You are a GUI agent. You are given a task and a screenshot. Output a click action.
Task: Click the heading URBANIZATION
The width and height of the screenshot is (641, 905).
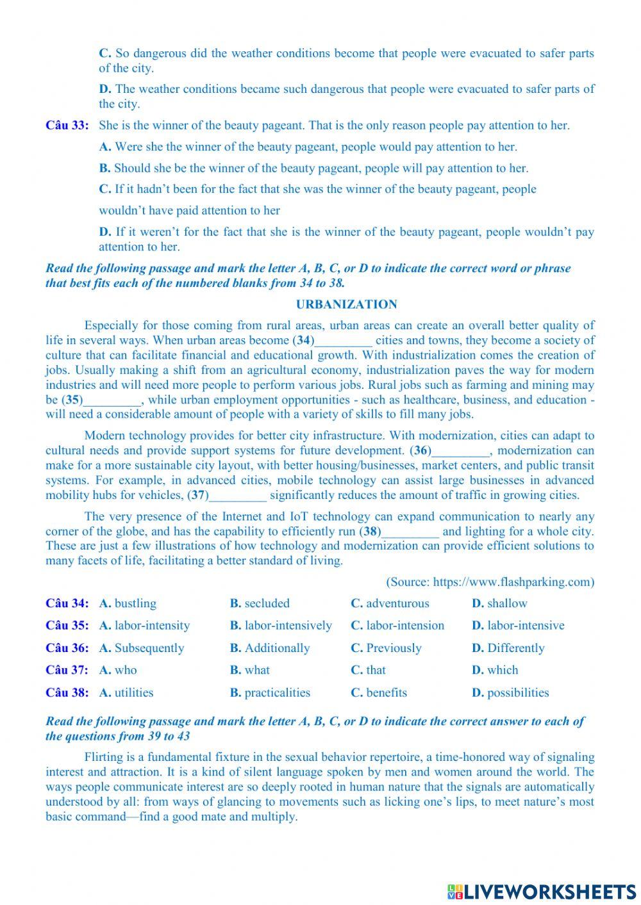coord(346,305)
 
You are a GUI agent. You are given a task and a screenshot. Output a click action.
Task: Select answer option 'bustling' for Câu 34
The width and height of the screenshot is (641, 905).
coord(135,603)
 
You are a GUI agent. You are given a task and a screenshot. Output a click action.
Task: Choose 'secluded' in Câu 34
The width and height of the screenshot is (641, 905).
coord(267,603)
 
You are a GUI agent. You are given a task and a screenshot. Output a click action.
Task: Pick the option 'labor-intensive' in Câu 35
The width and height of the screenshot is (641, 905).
coord(526,626)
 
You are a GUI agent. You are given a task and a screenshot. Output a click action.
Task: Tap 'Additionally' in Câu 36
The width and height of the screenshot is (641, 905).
coord(277,648)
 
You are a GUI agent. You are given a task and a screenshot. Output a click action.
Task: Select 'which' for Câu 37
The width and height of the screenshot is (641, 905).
coord(503,670)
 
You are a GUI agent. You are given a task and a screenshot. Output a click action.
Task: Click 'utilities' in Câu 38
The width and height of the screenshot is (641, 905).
coord(134,692)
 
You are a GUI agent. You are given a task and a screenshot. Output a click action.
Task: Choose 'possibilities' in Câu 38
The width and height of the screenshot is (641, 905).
coord(518,692)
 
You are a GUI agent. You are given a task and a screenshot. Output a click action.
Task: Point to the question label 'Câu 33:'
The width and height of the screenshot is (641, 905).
coord(67,126)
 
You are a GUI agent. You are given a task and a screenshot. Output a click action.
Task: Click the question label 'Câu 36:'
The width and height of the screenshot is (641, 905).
coord(67,648)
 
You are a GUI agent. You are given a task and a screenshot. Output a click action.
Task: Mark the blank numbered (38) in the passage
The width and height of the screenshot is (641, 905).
coord(410,532)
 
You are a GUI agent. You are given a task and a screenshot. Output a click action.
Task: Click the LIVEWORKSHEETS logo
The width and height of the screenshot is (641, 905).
coord(541,891)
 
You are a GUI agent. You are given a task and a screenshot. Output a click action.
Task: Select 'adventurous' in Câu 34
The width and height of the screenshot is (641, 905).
coord(397,603)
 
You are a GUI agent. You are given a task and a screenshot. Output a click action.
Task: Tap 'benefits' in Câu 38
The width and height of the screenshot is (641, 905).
coord(387,692)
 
